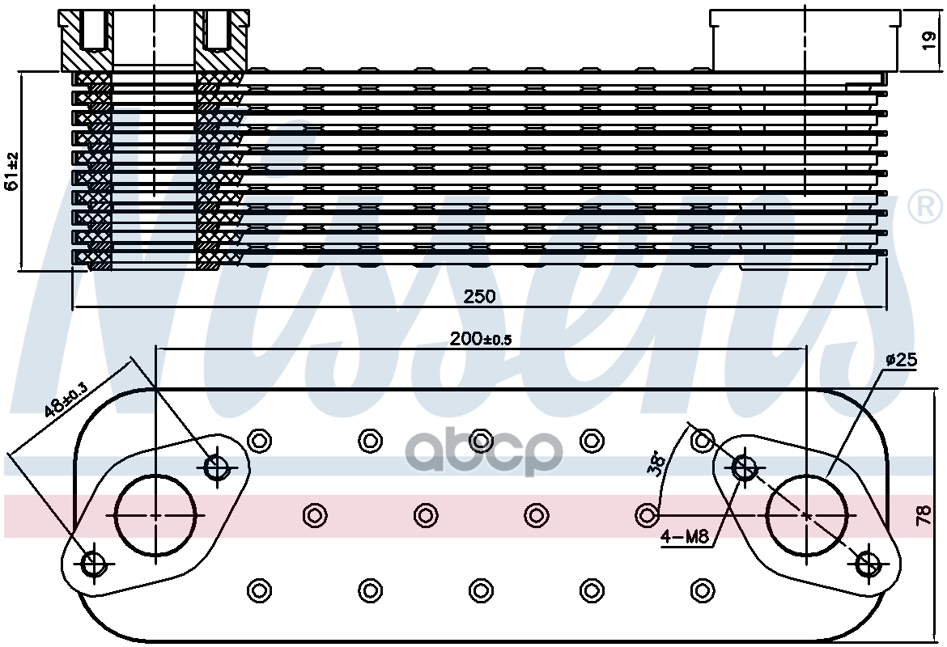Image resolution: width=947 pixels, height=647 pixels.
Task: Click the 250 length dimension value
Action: click(x=479, y=297)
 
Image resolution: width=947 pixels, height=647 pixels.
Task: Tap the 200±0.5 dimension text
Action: click(x=481, y=340)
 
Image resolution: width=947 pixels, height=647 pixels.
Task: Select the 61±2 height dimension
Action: click(x=11, y=171)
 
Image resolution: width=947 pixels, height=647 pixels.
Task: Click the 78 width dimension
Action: click(x=923, y=515)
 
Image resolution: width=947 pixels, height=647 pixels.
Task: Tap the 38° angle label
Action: click(x=657, y=462)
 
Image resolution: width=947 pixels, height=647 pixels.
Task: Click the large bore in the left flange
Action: click(x=155, y=515)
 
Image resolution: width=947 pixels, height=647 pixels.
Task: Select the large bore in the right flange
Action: click(x=806, y=515)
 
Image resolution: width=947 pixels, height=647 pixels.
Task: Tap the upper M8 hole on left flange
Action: click(x=217, y=466)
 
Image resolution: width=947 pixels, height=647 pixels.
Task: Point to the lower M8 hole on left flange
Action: click(x=93, y=564)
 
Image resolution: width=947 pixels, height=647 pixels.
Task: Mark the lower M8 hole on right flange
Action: click(x=868, y=564)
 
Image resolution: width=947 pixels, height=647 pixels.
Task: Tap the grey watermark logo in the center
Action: click(x=483, y=454)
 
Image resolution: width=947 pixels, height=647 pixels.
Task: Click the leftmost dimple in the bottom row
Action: click(x=259, y=590)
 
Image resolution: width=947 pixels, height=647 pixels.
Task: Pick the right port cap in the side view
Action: click(x=805, y=38)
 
